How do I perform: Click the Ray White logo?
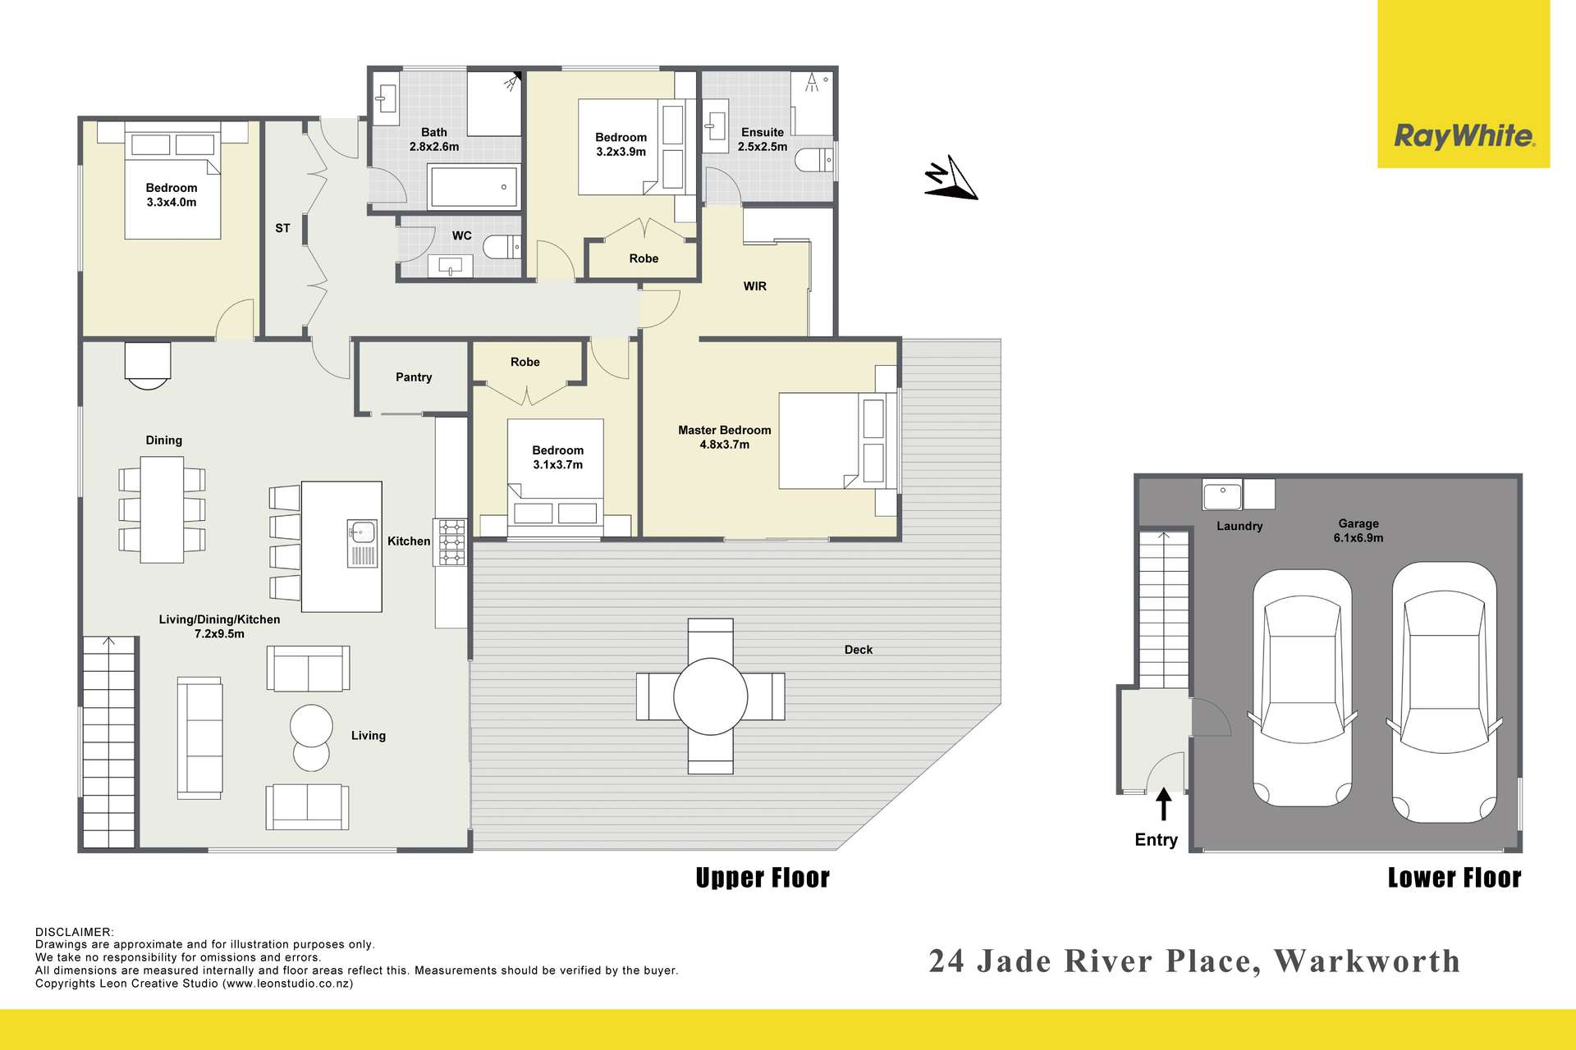1464,135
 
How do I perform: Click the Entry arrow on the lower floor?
1164,804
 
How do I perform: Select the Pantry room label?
414,377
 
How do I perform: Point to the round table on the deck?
710,696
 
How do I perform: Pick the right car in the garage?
1443,692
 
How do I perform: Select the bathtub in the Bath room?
474,186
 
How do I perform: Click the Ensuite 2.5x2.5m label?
763,139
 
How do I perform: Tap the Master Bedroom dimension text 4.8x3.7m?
725,445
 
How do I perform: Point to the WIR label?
755,286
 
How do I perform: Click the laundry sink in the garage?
1222,495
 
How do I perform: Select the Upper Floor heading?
763,878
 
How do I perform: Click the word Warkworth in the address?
1368,961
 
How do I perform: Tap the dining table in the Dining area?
162,509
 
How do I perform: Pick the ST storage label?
282,228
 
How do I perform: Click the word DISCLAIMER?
75,932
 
